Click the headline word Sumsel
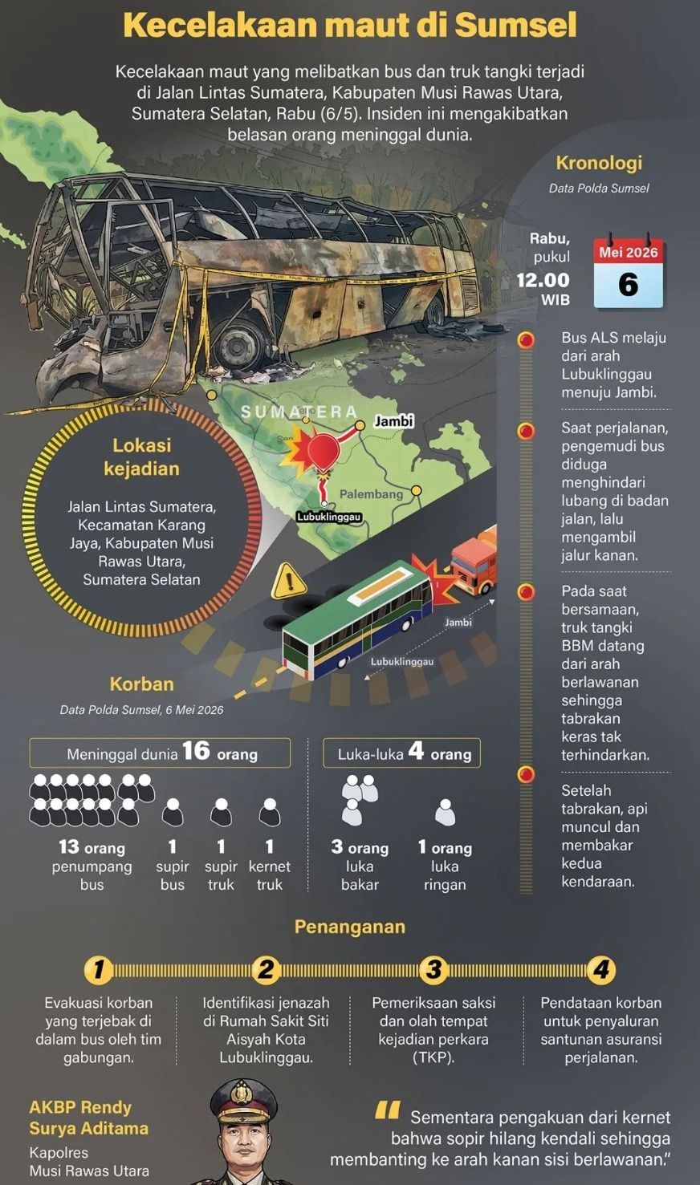click(x=515, y=25)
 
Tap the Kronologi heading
click(x=599, y=163)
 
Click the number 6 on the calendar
click(x=628, y=285)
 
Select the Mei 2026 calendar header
click(x=628, y=252)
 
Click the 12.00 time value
click(x=543, y=280)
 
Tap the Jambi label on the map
click(x=393, y=421)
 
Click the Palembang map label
click(x=371, y=494)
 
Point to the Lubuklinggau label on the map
click(x=328, y=517)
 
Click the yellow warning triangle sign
click(x=288, y=582)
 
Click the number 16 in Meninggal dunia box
click(x=196, y=751)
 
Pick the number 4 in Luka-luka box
click(x=416, y=751)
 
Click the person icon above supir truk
click(x=221, y=812)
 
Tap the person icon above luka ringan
click(x=445, y=812)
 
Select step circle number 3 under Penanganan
click(x=433, y=970)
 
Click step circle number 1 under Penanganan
click(x=99, y=970)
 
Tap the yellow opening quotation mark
click(x=388, y=1111)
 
